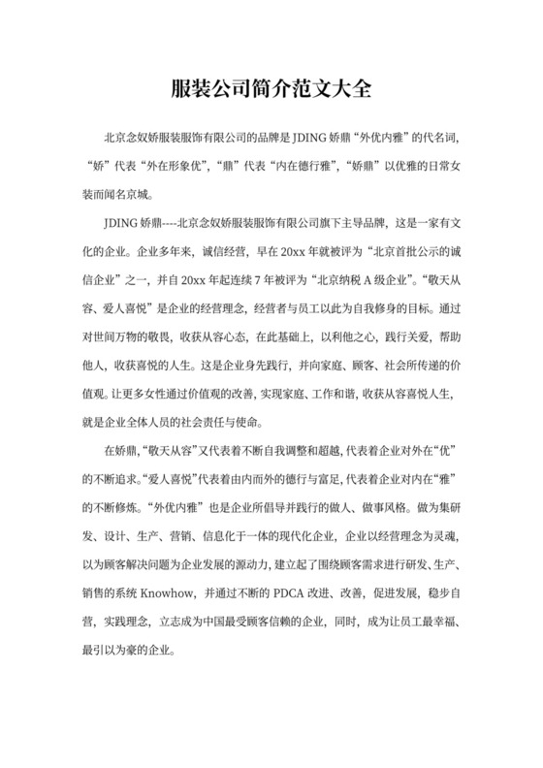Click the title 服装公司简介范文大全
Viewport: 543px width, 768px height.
click(271, 89)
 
